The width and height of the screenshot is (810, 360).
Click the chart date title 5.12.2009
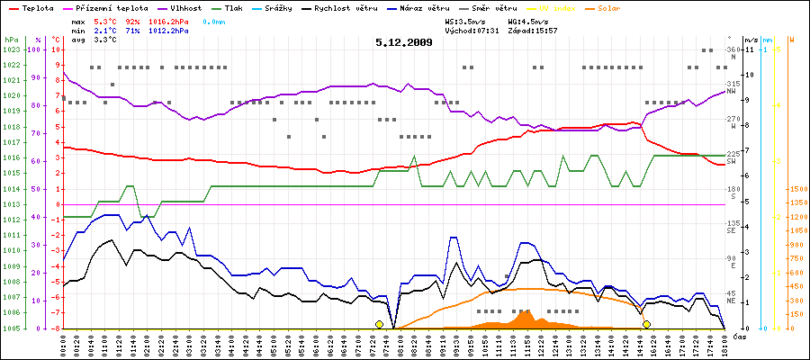[404, 41]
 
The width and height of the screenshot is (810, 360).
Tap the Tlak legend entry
[234, 7]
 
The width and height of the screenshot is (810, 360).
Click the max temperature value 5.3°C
[105, 19]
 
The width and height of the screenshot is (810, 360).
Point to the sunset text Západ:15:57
[533, 30]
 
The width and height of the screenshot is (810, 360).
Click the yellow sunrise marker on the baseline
[379, 324]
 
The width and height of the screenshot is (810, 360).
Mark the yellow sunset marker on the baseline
[646, 324]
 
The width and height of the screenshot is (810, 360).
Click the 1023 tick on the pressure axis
[12, 49]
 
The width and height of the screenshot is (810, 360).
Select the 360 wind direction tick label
[732, 49]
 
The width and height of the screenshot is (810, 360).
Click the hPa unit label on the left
[11, 40]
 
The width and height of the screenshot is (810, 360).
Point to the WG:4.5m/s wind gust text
[527, 19]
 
